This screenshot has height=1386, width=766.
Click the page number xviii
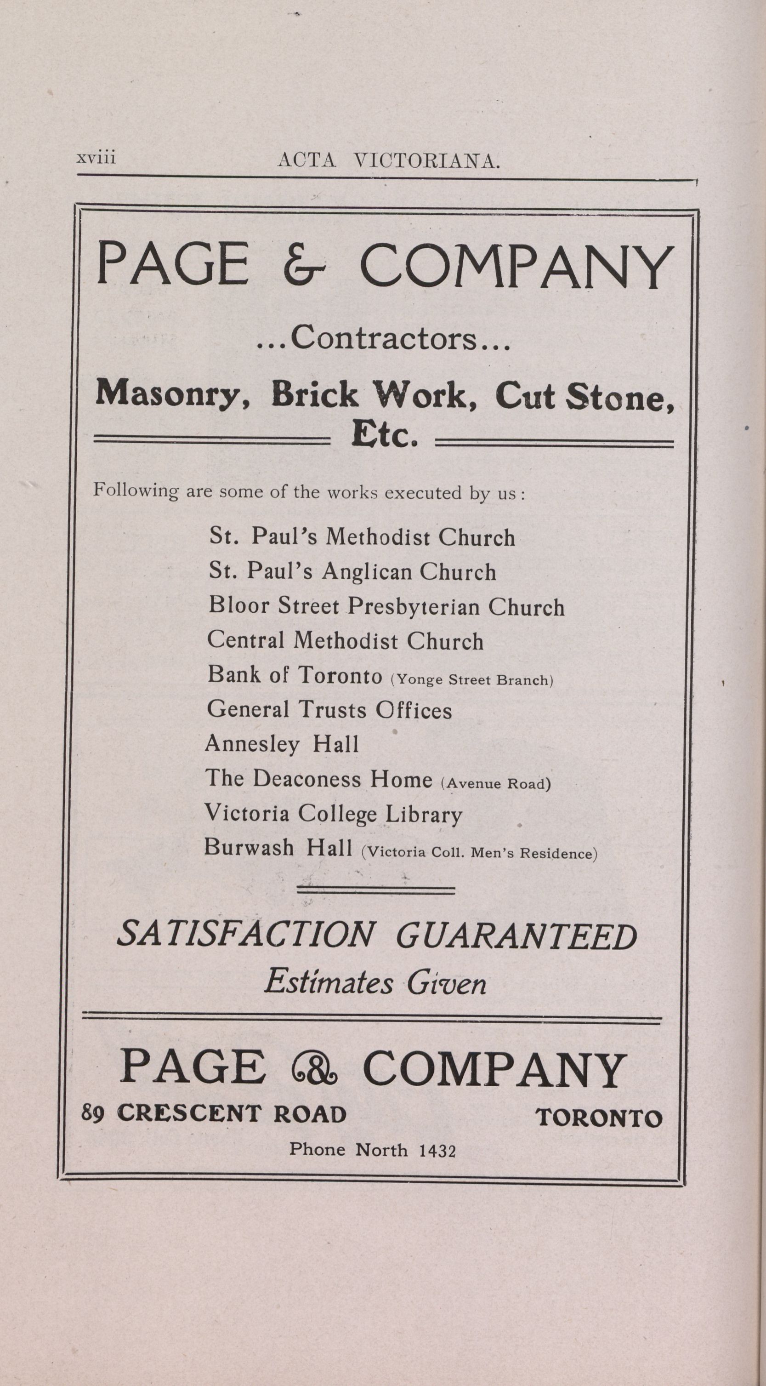[x=96, y=159]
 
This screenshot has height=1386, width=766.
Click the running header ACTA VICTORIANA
[x=388, y=161]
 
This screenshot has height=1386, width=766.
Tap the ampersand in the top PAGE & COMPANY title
[x=303, y=266]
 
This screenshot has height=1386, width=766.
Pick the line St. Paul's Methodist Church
[x=362, y=537]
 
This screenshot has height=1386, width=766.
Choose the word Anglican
[x=366, y=572]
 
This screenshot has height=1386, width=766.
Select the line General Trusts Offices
[x=329, y=710]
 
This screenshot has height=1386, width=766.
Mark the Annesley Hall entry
[x=281, y=744]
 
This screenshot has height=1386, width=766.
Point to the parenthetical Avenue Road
[x=495, y=783]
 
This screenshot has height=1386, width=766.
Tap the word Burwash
[x=249, y=848]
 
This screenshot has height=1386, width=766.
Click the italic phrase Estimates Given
[x=375, y=982]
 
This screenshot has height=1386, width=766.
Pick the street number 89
[x=92, y=1113]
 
